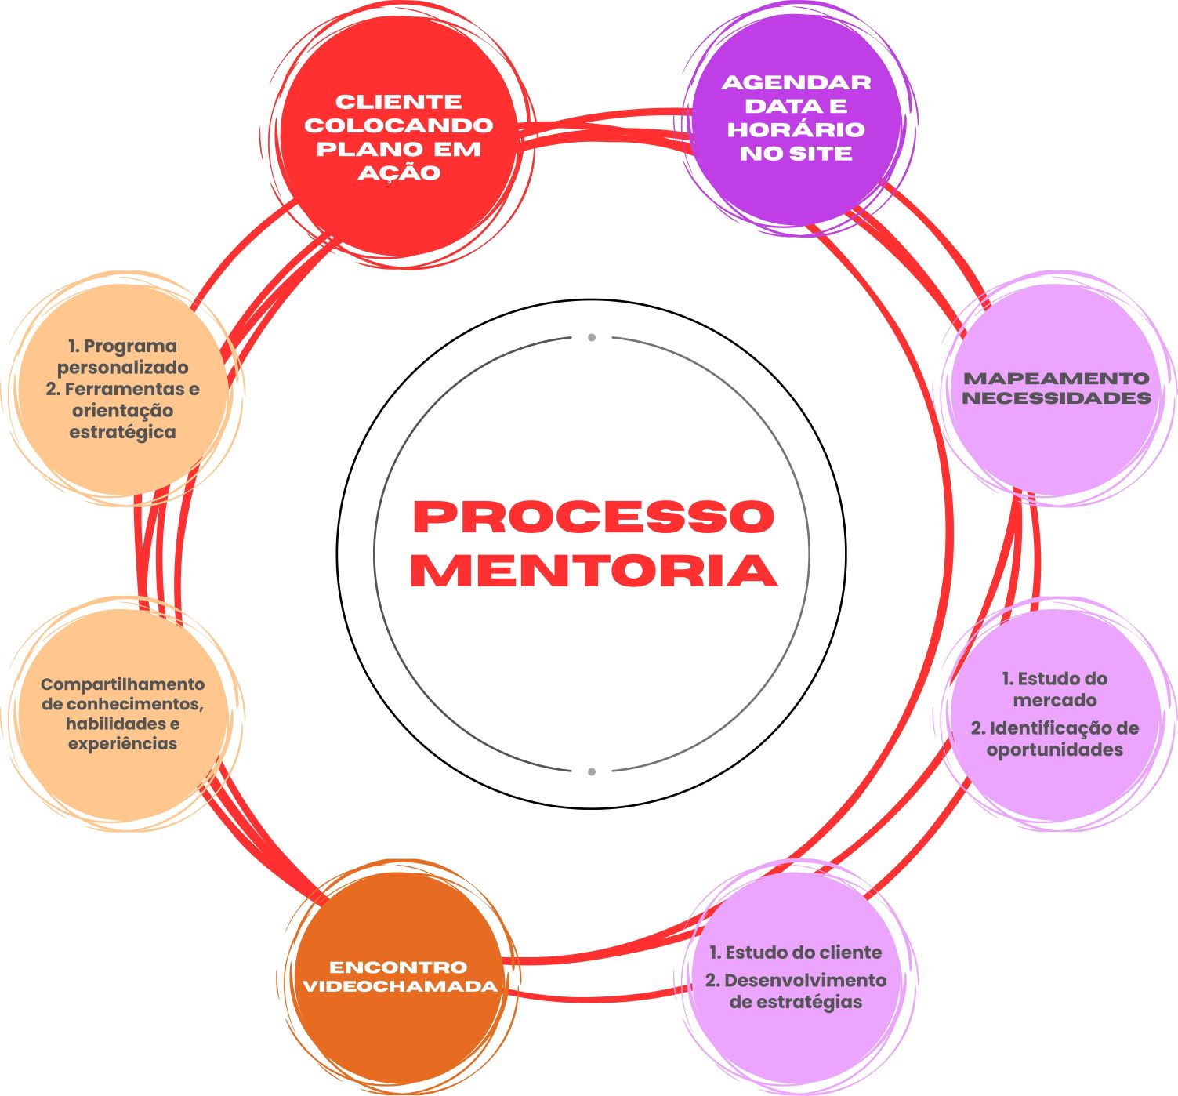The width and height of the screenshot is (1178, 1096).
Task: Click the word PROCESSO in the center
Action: click(593, 517)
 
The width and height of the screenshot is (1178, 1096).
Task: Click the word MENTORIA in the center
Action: click(593, 571)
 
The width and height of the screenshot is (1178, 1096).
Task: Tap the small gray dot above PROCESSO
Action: click(592, 338)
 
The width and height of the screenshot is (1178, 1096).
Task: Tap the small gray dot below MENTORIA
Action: click(592, 771)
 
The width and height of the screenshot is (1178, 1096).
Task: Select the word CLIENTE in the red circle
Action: click(399, 102)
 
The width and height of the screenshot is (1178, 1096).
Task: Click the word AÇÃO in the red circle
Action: click(399, 172)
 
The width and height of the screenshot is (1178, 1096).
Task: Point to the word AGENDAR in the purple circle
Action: click(796, 83)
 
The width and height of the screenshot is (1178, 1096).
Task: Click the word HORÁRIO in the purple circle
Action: click(796, 130)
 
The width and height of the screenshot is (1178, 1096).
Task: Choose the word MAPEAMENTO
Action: click(1056, 379)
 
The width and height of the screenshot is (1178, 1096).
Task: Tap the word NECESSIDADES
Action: click(1056, 398)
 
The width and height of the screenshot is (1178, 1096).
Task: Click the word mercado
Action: click(1055, 700)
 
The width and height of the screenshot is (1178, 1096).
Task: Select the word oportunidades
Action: click(1055, 750)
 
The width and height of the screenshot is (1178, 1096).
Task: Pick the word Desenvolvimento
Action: click(805, 981)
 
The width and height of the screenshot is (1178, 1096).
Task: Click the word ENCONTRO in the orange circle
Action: click(398, 967)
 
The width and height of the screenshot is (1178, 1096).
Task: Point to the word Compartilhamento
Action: click(122, 684)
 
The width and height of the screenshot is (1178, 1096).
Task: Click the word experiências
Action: click(122, 743)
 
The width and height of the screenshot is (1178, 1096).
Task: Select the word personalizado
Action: click(122, 368)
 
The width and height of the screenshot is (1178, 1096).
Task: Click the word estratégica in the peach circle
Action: click(122, 432)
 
